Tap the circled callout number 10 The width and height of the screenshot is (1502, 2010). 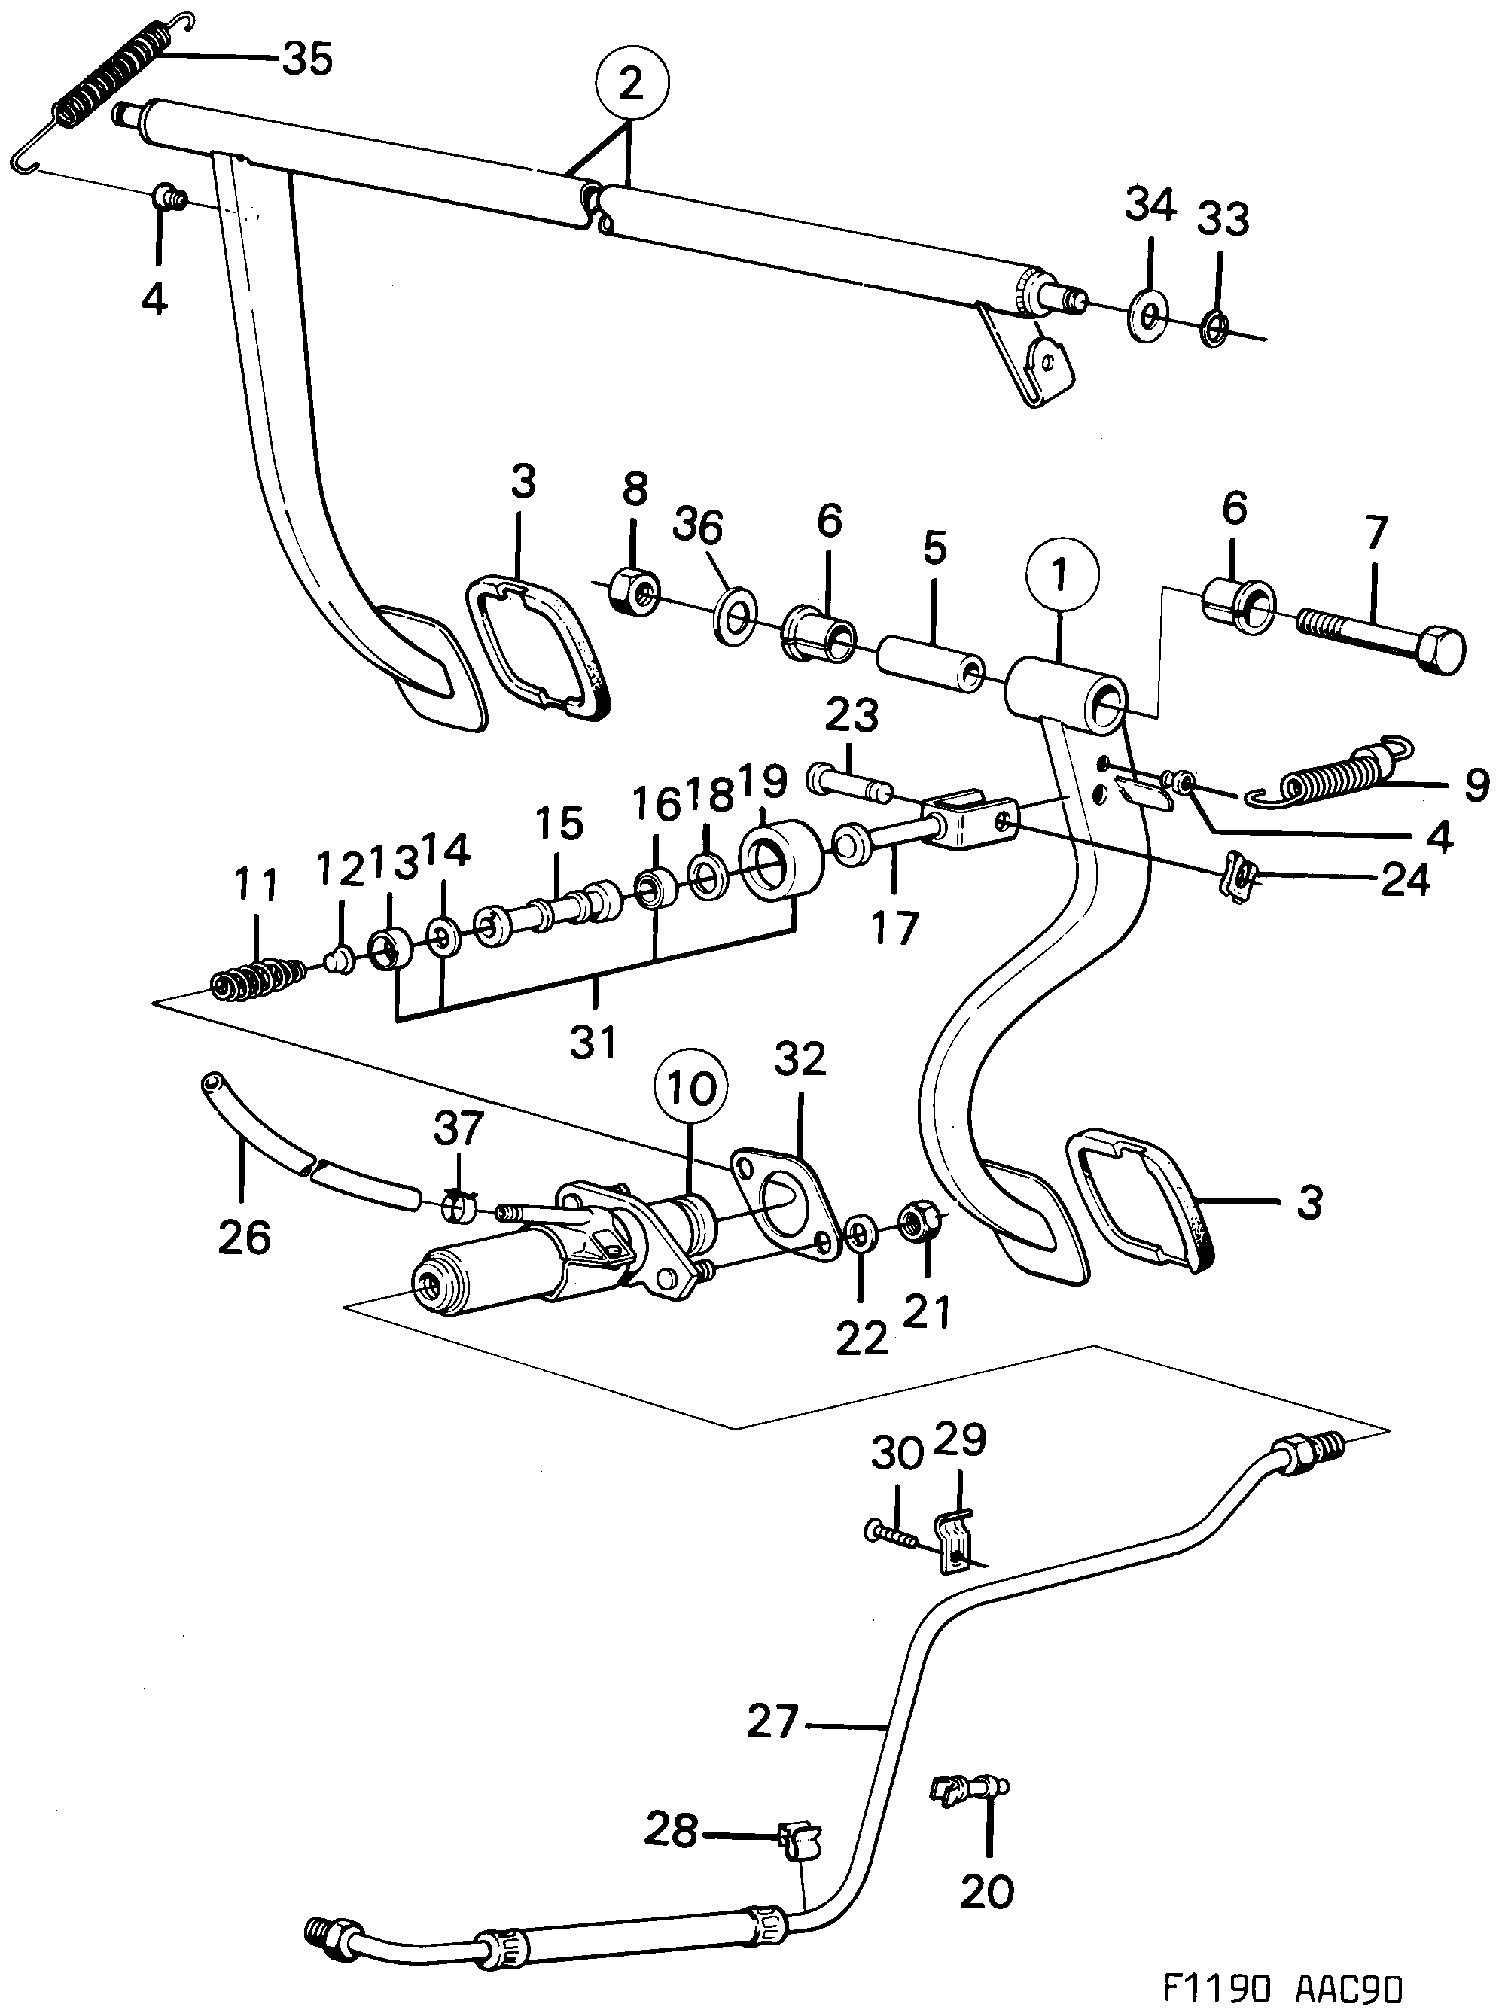690,1088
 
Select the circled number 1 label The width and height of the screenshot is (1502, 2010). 1060,574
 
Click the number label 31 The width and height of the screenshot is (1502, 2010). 593,1041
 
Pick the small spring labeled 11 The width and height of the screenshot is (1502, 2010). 258,979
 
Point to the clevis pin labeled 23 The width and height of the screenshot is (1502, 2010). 849,782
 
